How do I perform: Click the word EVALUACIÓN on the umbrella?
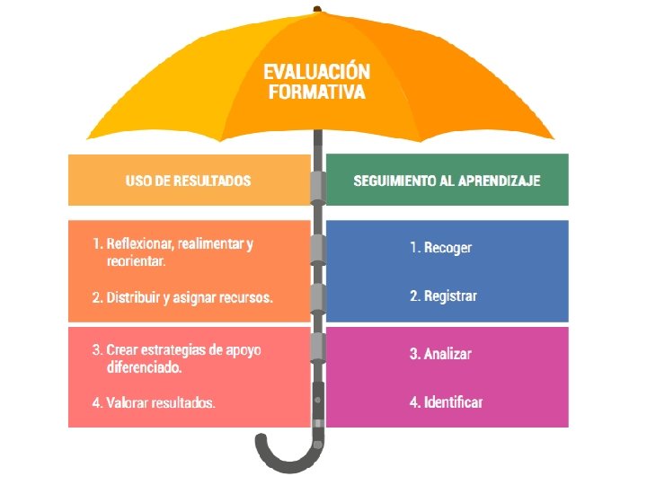pos(316,72)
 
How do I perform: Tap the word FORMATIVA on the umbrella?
pos(316,92)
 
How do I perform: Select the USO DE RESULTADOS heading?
pos(188,181)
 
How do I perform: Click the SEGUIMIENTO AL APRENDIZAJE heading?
pos(447,181)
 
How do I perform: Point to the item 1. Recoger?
pos(440,247)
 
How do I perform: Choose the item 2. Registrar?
pos(443,295)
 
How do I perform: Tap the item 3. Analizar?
pos(440,354)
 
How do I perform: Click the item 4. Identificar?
pos(446,401)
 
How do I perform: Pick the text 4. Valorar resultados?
pos(154,403)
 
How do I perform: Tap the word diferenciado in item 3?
pos(144,367)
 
